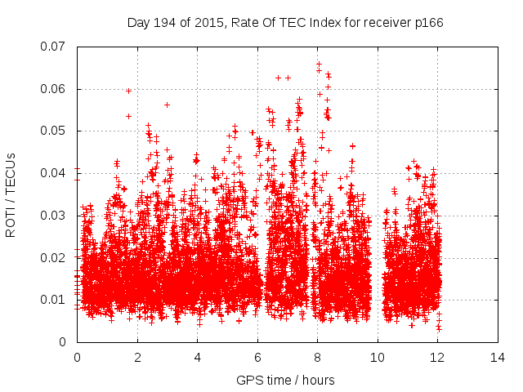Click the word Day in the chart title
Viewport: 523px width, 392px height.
[138, 22]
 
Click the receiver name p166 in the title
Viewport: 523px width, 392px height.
[427, 22]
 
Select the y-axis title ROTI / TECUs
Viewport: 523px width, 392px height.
[11, 194]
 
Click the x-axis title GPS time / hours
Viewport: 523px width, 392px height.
[285, 380]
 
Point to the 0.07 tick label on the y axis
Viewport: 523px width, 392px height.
[55, 47]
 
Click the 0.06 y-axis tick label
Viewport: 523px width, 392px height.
[55, 89]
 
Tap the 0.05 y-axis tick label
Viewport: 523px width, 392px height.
[55, 131]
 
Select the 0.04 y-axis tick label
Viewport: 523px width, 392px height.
[55, 173]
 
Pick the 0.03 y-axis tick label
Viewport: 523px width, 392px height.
[55, 216]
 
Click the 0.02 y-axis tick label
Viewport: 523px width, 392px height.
[55, 257]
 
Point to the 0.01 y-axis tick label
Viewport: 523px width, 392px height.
[55, 300]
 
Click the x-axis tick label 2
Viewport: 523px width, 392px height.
[136, 357]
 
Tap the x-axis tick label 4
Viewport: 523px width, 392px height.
[197, 357]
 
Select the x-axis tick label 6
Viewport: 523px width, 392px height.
[257, 357]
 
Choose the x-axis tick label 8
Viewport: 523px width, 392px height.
[317, 357]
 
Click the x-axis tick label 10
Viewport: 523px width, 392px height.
[377, 357]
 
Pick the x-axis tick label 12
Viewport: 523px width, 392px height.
[437, 357]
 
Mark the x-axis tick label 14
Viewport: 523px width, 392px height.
[497, 357]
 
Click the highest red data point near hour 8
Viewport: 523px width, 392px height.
[319, 64]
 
